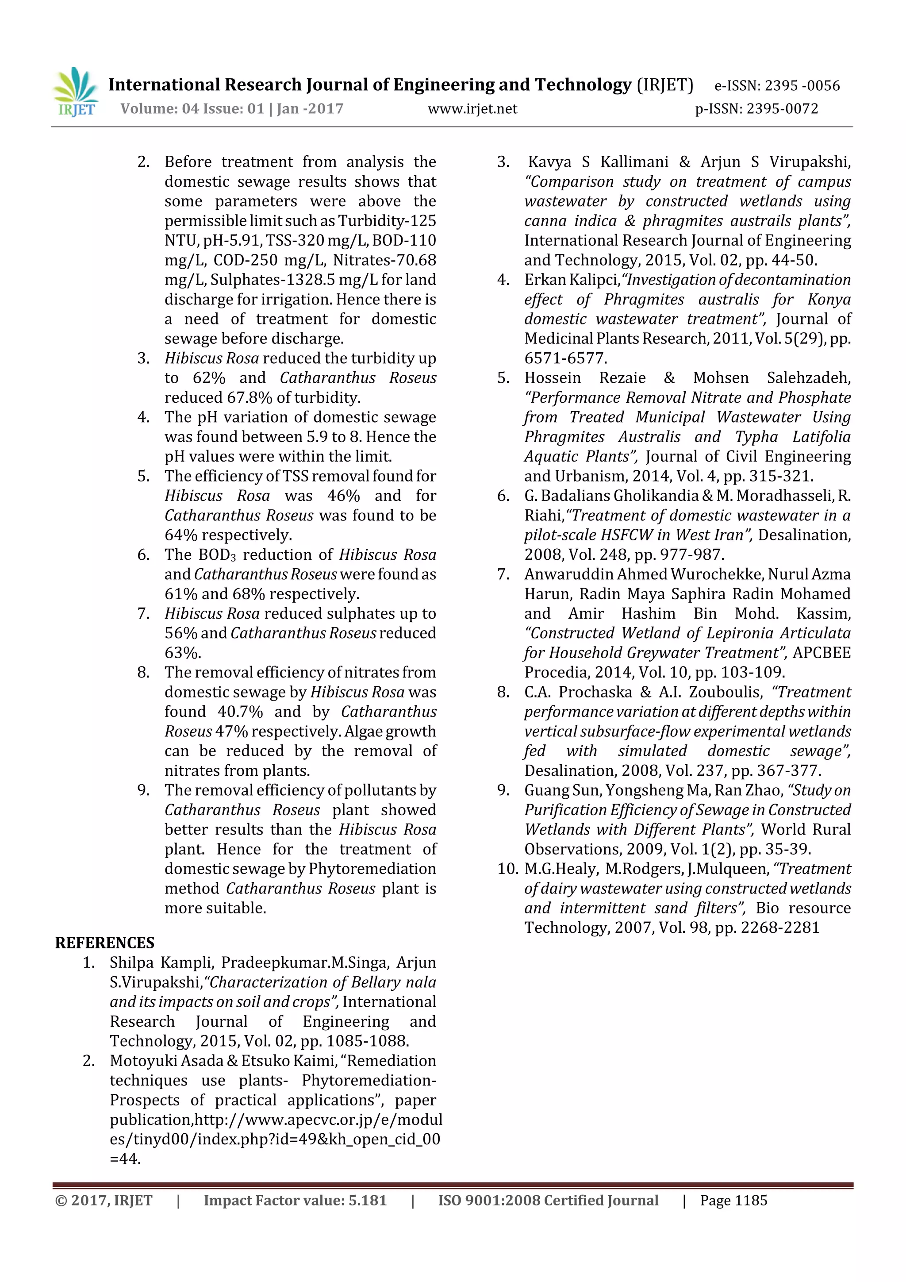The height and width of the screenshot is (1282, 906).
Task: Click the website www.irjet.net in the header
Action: pos(472,109)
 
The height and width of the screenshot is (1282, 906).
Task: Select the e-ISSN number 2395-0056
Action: pos(802,85)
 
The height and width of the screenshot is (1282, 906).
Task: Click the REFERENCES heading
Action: pos(104,943)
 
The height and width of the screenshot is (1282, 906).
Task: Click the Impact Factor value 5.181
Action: pos(367,1201)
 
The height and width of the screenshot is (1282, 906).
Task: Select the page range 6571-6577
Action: pos(565,358)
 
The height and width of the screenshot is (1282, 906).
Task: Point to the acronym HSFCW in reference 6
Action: pos(626,535)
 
